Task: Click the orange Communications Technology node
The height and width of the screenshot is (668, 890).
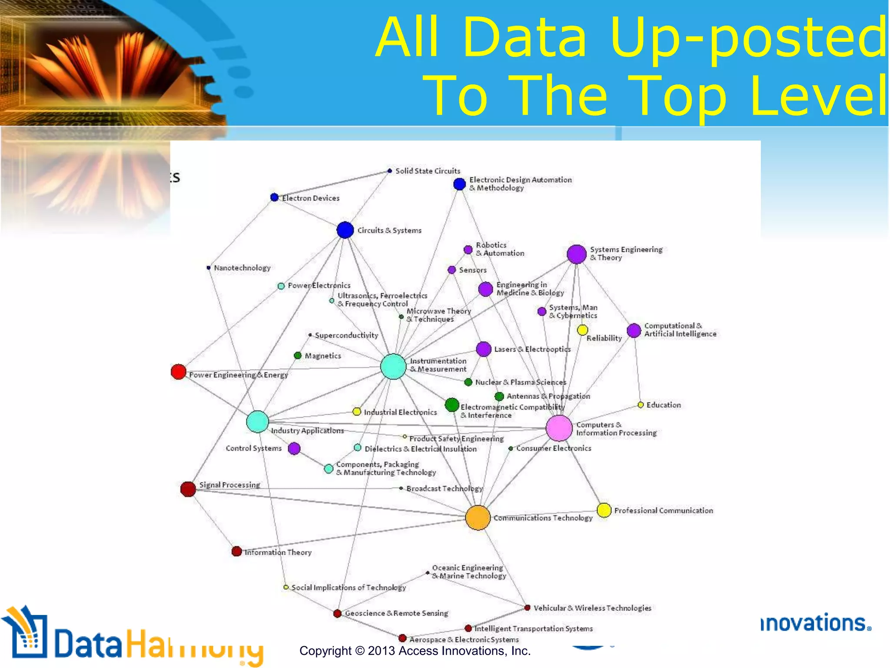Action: [x=478, y=518]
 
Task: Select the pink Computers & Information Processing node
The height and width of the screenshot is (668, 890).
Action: [x=559, y=428]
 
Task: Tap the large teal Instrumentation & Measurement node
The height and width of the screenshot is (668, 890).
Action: [x=393, y=367]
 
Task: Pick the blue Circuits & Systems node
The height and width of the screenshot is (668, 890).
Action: [x=345, y=230]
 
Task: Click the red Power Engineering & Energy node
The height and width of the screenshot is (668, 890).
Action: [x=179, y=372]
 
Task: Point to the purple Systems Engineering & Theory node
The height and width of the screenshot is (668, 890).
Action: [x=577, y=254]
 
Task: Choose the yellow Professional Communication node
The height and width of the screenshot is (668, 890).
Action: [x=604, y=510]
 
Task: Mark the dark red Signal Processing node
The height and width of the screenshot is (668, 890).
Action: [x=188, y=489]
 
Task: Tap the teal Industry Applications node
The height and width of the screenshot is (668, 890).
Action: [x=257, y=422]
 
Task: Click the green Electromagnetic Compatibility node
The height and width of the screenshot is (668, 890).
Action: [x=452, y=405]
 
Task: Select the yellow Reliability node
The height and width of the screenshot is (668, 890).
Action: [x=582, y=330]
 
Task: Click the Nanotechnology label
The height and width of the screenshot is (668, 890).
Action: [x=242, y=268]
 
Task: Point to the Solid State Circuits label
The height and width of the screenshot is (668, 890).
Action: [x=428, y=171]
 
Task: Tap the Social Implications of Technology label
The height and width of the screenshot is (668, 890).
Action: [x=349, y=588]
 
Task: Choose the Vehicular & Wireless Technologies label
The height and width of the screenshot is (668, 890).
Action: [x=592, y=608]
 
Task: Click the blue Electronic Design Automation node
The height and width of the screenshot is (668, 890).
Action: [x=459, y=184]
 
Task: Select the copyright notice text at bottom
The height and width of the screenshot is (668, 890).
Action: [x=415, y=651]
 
